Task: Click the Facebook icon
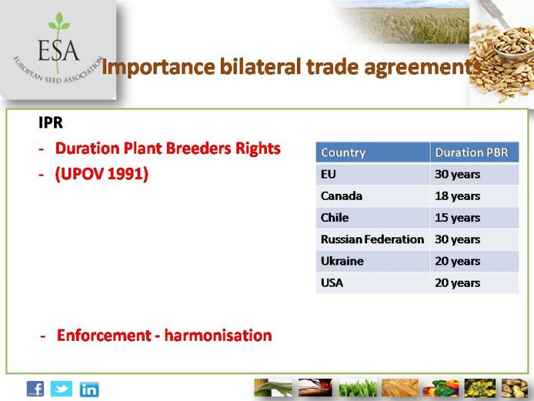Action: pyautogui.click(x=35, y=389)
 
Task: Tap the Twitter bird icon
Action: pyautogui.click(x=61, y=389)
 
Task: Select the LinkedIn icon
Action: pyautogui.click(x=89, y=390)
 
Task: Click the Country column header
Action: pyautogui.click(x=343, y=152)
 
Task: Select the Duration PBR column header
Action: pyautogui.click(x=472, y=152)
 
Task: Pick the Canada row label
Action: pyautogui.click(x=341, y=196)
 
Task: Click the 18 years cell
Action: pyautogui.click(x=457, y=196)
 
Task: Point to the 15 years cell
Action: pyautogui.click(x=457, y=218)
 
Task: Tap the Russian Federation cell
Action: pyautogui.click(x=372, y=239)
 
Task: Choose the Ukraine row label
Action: pyautogui.click(x=342, y=261)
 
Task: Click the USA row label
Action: pyautogui.click(x=332, y=283)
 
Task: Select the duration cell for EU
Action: pyautogui.click(x=457, y=174)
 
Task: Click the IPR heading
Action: pyautogui.click(x=51, y=123)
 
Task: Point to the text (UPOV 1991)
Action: pyautogui.click(x=101, y=174)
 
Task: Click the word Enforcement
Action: pyautogui.click(x=104, y=336)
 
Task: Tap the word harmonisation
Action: pyautogui.click(x=218, y=336)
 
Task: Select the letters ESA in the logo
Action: pyautogui.click(x=59, y=51)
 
